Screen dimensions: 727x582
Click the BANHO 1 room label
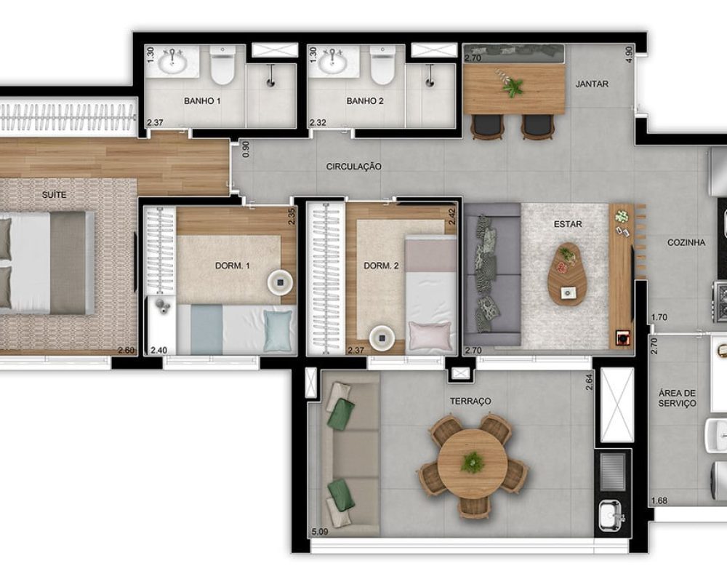point(202,100)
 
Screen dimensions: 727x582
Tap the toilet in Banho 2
point(382,65)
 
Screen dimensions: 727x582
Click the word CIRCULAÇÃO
point(354,166)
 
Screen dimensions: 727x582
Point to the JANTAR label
point(592,84)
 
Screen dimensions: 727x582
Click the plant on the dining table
point(511,84)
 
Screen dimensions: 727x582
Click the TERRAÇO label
point(470,401)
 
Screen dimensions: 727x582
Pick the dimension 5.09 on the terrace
point(320,531)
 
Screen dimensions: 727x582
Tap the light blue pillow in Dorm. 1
point(278,330)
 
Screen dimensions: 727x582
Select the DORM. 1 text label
point(233,266)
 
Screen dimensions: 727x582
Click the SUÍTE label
point(54,195)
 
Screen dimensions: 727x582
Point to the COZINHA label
point(686,242)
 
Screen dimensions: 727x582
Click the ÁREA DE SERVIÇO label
point(678,398)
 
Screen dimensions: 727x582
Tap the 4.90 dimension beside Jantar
point(629,55)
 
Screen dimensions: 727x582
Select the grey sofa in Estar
point(492,274)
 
